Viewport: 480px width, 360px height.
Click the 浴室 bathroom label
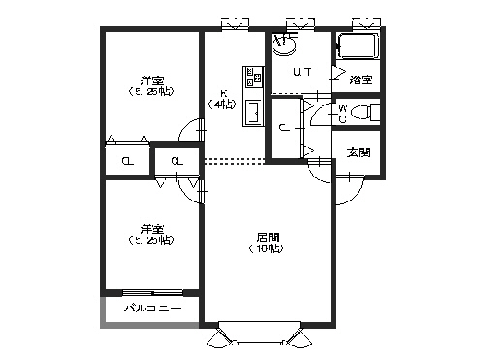point(361,80)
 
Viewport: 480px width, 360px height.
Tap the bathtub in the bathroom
point(360,48)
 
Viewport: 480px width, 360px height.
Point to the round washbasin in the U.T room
point(284,43)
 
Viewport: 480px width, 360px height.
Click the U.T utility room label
point(302,72)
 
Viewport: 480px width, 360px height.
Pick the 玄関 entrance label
point(359,152)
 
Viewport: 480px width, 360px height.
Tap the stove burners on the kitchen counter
point(251,77)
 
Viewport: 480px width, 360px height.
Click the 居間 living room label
point(269,237)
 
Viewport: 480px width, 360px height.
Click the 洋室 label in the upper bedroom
point(150,79)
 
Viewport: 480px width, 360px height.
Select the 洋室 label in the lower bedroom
point(150,229)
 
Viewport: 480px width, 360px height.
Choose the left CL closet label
point(128,162)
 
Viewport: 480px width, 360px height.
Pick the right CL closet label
point(177,162)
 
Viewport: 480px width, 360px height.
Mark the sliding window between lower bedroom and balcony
point(152,291)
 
